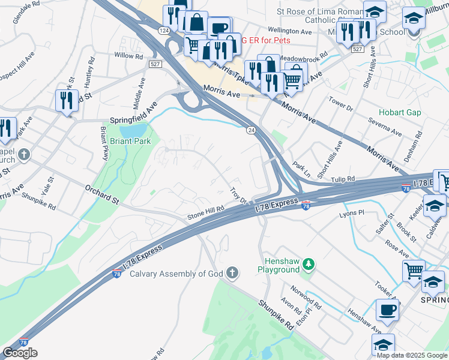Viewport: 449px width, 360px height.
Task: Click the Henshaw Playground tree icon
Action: tap(308, 264)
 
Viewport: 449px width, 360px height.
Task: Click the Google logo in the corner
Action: tap(20, 353)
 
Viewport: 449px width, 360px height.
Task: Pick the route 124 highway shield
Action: tap(164, 30)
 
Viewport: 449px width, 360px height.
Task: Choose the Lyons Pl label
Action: tap(352, 213)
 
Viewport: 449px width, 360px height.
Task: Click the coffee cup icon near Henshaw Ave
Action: tap(387, 310)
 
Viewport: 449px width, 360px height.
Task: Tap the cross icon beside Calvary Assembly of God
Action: tap(232, 274)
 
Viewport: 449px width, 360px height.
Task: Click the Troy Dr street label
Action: tap(239, 196)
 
